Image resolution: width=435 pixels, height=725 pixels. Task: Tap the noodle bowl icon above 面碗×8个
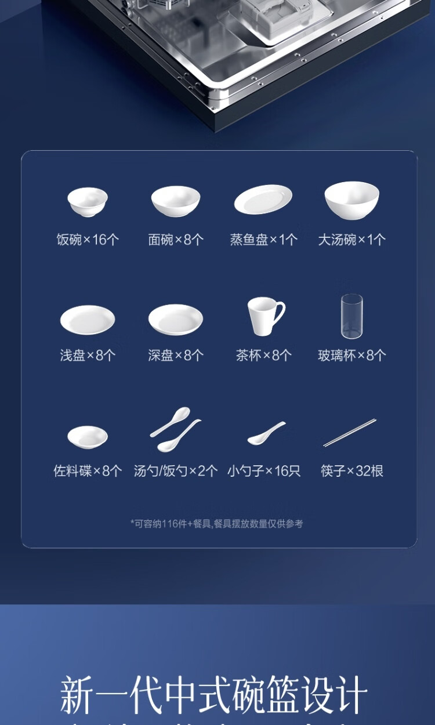176,201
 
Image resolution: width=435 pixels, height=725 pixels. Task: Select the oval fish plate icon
263,200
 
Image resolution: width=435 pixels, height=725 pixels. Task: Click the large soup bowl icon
351,200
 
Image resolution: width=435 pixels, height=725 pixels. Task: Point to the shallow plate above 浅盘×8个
88,320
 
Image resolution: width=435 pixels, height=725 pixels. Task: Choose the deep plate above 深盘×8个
176,320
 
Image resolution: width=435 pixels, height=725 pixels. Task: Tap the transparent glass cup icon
351,316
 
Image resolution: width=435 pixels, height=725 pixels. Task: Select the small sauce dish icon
88,437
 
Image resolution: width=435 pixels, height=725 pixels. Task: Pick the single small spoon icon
266,434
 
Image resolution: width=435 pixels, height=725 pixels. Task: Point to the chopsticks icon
350,433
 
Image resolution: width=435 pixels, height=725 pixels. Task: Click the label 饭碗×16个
88,240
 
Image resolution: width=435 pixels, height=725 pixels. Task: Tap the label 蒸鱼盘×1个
264,240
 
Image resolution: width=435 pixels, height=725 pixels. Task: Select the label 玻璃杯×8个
351,356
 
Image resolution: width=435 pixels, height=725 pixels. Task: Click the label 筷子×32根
351,471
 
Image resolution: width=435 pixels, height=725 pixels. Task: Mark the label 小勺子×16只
264,471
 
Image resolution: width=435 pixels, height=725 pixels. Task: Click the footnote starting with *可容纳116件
216,524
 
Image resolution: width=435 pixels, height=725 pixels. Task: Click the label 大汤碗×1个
351,240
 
